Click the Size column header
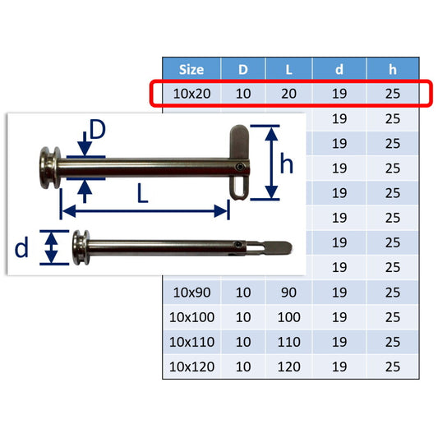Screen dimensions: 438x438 click(191, 69)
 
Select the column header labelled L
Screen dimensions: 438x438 click(288, 69)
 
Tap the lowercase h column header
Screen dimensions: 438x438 click(393, 69)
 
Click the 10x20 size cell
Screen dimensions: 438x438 click(192, 94)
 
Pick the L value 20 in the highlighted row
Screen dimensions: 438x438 click(288, 94)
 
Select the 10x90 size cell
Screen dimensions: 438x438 click(192, 293)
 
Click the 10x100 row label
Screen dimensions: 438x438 click(192, 317)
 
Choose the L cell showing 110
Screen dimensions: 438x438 click(288, 342)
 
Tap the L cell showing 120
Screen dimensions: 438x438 click(288, 367)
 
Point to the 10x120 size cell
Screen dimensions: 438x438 click(192, 367)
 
